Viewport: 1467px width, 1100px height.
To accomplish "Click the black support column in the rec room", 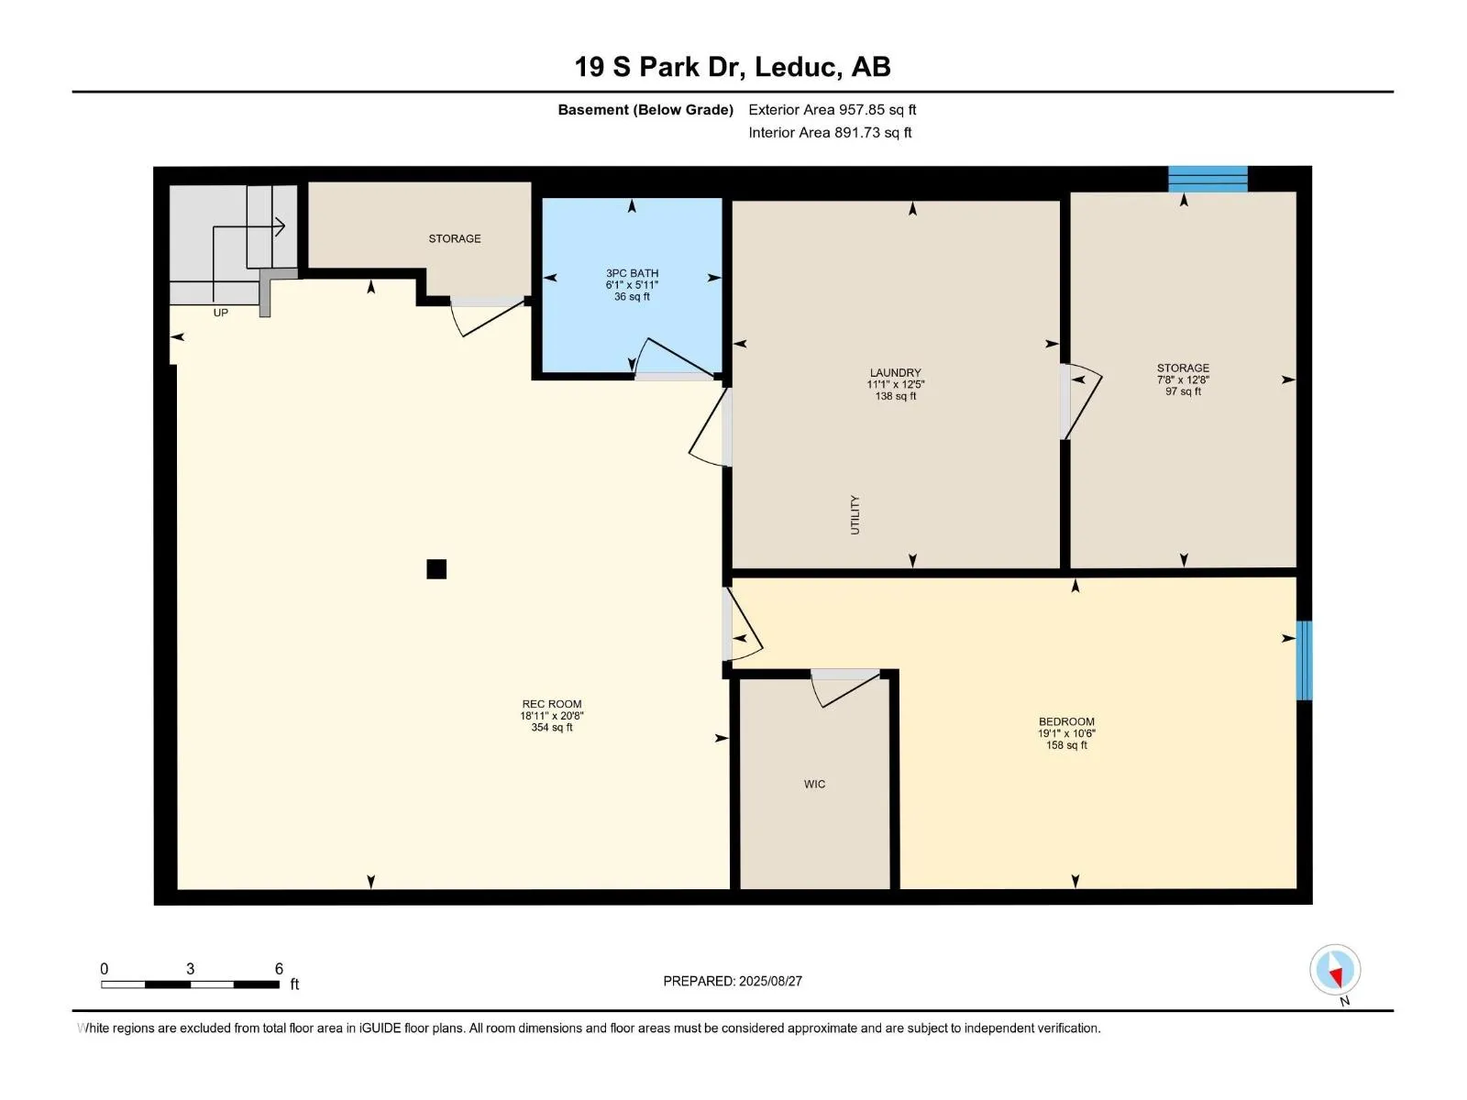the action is pos(436,569).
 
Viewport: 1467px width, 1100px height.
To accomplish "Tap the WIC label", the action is pos(814,784).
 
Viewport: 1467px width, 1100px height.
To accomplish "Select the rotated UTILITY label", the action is pos(855,515).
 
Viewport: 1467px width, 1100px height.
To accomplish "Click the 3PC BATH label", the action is pos(632,273).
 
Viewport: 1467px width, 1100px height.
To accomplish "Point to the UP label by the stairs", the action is pos(221,313).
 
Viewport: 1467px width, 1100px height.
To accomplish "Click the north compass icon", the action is pos(1335,970).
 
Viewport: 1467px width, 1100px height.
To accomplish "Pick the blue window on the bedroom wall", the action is pos(1304,661).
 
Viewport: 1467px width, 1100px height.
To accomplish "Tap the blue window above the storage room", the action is pos(1207,179).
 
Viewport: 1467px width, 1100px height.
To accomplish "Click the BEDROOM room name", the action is pos(1066,721).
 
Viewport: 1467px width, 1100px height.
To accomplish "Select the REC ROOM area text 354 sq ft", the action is pos(551,727).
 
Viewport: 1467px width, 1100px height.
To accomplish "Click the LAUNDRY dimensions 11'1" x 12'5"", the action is pos(895,384).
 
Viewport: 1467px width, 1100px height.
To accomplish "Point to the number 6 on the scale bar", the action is pos(279,968).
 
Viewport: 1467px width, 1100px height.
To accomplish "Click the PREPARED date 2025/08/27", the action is pos(770,981).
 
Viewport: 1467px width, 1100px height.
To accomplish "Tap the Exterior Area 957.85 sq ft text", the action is pos(833,109).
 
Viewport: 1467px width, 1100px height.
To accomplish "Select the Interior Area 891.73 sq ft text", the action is pos(830,132).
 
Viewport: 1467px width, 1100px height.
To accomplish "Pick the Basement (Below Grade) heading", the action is pos(645,109).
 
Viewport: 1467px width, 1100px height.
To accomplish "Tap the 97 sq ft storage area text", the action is pos(1183,391).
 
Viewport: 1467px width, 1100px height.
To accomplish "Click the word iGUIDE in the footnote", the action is pos(381,1028).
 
